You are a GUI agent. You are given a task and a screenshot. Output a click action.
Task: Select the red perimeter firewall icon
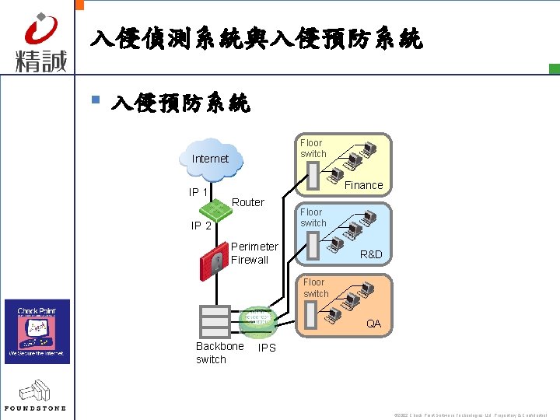(x=212, y=261)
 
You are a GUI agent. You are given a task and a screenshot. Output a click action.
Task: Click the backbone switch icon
(x=214, y=321)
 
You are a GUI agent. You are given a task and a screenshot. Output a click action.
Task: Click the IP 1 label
(x=198, y=192)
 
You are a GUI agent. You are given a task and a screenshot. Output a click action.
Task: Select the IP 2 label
(x=201, y=226)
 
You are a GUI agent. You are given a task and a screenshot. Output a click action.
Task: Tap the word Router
(x=248, y=202)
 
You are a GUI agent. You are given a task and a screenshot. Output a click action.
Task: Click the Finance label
(x=363, y=185)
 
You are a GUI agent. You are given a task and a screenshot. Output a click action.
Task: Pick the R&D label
(x=371, y=254)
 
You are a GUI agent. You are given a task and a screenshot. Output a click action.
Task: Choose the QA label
(x=373, y=324)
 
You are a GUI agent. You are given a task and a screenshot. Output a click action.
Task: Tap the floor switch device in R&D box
(x=313, y=246)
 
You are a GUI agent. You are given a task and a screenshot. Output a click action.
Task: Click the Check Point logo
(x=37, y=331)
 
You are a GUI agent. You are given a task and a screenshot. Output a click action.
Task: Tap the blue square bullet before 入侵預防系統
(x=95, y=100)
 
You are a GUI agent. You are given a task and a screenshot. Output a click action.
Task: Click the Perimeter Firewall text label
(x=254, y=253)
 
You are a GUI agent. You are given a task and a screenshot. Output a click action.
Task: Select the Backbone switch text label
(x=219, y=352)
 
